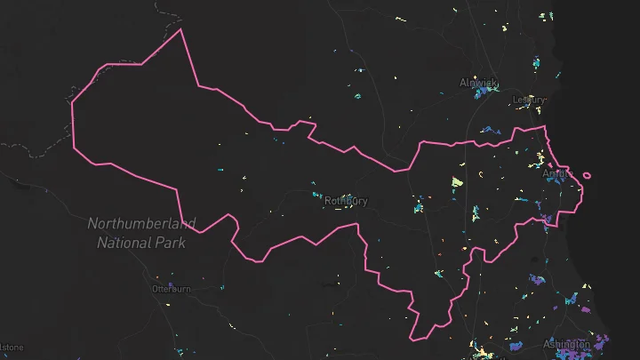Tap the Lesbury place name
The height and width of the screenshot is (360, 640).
point(529,100)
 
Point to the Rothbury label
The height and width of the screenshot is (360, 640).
point(346,201)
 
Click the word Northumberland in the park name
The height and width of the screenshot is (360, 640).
point(142,223)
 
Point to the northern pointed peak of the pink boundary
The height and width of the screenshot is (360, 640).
point(181,29)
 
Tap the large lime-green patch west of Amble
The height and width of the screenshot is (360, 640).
point(457,182)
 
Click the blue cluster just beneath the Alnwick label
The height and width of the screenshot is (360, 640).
point(484,92)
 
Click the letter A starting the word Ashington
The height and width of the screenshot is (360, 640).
point(547,344)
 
